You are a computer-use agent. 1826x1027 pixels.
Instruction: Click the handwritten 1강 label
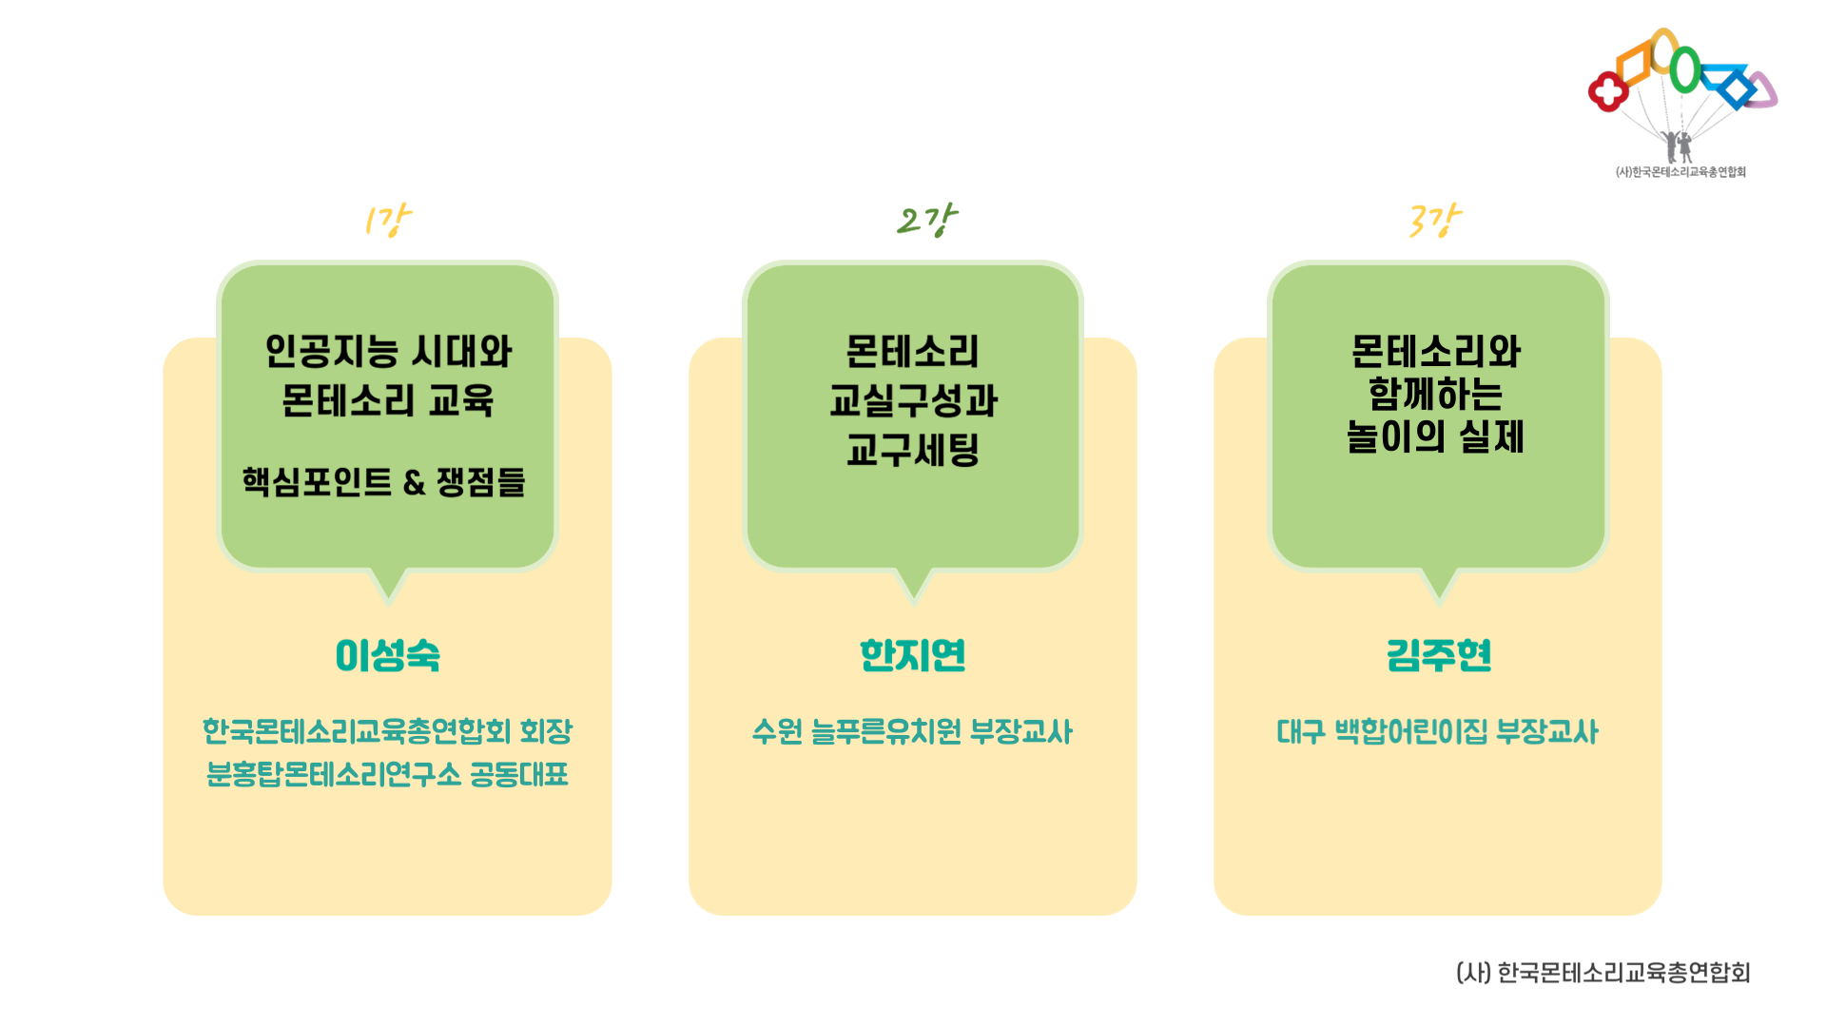click(x=387, y=221)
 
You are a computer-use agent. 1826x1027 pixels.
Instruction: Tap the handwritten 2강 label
click(x=926, y=221)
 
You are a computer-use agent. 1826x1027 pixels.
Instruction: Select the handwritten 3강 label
click(x=1434, y=221)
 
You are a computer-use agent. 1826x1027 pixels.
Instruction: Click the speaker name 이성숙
click(x=388, y=655)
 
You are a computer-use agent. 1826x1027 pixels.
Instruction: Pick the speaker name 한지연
click(x=913, y=655)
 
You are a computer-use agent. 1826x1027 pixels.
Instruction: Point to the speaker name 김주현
click(x=1439, y=655)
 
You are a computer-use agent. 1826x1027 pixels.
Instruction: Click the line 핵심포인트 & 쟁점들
click(x=383, y=482)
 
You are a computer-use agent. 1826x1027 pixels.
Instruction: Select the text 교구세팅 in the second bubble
click(x=913, y=450)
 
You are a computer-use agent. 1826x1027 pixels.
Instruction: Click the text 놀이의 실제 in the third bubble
click(x=1436, y=436)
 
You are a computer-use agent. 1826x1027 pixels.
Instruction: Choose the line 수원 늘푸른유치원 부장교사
click(x=912, y=731)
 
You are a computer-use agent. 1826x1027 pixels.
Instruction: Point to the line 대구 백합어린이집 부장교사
click(x=1437, y=731)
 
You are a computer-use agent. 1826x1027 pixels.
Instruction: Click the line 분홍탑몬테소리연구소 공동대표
click(x=387, y=774)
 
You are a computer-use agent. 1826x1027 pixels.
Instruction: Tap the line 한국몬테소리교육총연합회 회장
click(x=387, y=731)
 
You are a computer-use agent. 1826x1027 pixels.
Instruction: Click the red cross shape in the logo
click(x=1608, y=92)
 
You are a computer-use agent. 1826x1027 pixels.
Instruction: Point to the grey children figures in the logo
click(x=1678, y=146)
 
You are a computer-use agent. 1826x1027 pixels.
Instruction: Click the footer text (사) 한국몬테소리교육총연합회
click(x=1603, y=973)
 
